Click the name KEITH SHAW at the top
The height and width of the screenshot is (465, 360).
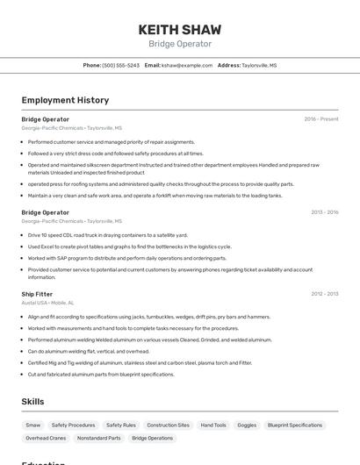pyautogui.click(x=179, y=30)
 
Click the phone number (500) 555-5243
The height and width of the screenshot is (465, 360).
pyautogui.click(x=120, y=65)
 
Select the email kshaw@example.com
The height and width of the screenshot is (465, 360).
pyautogui.click(x=187, y=65)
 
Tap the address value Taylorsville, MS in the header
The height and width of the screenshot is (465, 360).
pyautogui.click(x=259, y=65)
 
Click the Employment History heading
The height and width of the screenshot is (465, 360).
pyautogui.click(x=65, y=100)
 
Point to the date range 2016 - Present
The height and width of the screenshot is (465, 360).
pyautogui.click(x=321, y=119)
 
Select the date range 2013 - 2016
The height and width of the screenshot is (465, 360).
pyautogui.click(x=324, y=212)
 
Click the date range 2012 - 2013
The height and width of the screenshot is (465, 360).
pyautogui.click(x=324, y=294)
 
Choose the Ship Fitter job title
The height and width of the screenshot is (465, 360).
pyautogui.click(x=37, y=294)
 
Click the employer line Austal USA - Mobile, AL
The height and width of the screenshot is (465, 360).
pyautogui.click(x=47, y=303)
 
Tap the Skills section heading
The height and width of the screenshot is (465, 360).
pyautogui.click(x=33, y=401)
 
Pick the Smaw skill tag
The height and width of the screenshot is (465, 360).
pyautogui.click(x=33, y=425)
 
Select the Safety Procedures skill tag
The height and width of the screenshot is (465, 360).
pyautogui.click(x=73, y=425)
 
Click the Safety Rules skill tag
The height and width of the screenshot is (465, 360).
pyautogui.click(x=121, y=425)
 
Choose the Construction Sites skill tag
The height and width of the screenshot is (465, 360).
pyautogui.click(x=168, y=425)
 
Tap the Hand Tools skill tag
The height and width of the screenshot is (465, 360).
pyautogui.click(x=213, y=425)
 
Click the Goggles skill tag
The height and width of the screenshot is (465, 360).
pyautogui.click(x=247, y=425)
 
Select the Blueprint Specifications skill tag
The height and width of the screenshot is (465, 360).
pyautogui.click(x=295, y=425)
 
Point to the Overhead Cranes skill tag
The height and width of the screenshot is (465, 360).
pyautogui.click(x=46, y=438)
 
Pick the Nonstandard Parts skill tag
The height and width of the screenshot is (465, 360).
pyautogui.click(x=99, y=438)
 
